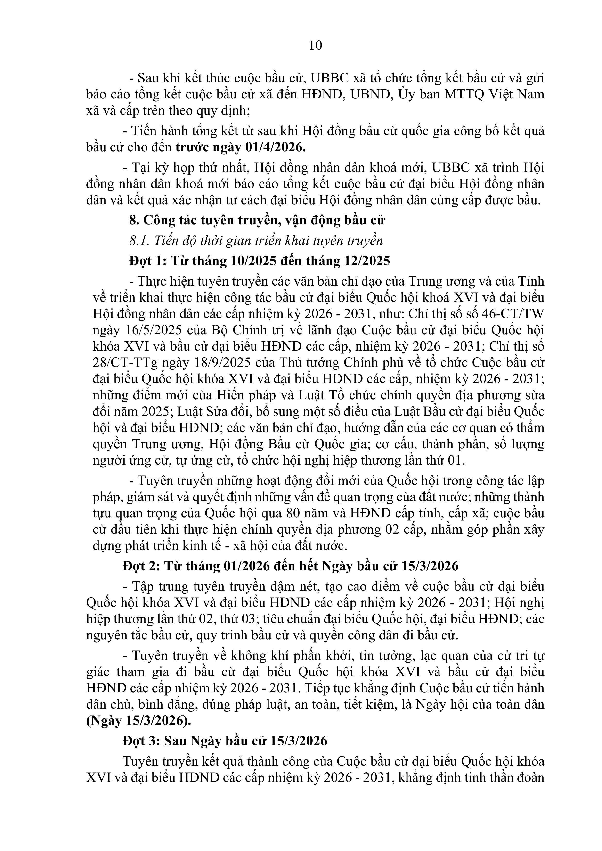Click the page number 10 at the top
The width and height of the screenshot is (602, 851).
coord(316,46)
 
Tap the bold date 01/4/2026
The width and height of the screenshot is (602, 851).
coord(276,147)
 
